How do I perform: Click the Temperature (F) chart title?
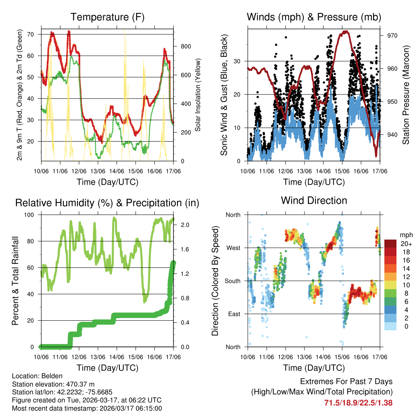pos(107,17)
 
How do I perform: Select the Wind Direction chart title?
pos(314,200)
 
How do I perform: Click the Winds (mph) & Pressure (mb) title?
pos(314,17)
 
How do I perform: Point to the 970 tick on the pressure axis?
pos(392,35)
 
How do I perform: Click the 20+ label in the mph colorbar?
pos(405,244)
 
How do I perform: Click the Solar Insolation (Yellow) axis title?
pos(198,95)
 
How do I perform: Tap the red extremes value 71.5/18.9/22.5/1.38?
pos(358,403)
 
